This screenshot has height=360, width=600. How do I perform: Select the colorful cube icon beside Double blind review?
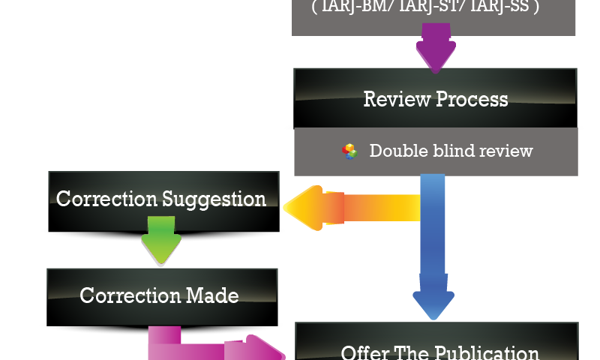[x=349, y=151]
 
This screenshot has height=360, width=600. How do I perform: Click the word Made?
[x=211, y=295]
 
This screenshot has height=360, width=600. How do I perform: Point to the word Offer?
[x=364, y=352]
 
